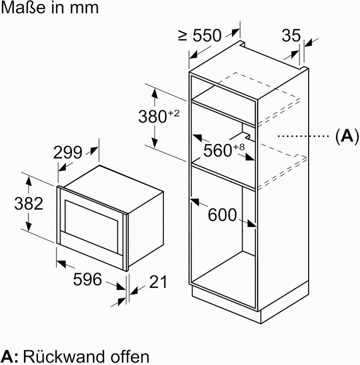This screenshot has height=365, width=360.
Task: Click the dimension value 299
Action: pyautogui.click(x=67, y=152)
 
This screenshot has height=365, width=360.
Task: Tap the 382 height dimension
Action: pyautogui.click(x=28, y=203)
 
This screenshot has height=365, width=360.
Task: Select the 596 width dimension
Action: pyautogui.click(x=87, y=279)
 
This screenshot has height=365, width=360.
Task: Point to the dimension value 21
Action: pyautogui.click(x=158, y=281)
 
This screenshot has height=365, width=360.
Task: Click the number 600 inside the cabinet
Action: pyautogui.click(x=222, y=214)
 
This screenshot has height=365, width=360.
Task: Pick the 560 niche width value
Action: pyautogui.click(x=217, y=150)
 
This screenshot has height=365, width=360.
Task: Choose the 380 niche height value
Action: pyautogui.click(x=152, y=116)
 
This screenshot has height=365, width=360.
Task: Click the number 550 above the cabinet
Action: pyautogui.click(x=207, y=35)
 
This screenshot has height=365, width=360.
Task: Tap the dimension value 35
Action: pyautogui.click(x=291, y=35)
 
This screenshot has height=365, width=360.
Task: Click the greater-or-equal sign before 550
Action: pyautogui.click(x=183, y=36)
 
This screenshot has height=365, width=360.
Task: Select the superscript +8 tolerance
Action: pyautogui.click(x=238, y=147)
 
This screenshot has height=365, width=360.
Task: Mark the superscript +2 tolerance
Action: pyautogui.click(x=173, y=113)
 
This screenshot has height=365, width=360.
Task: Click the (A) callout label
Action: pyautogui.click(x=347, y=135)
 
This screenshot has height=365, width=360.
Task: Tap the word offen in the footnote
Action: pyautogui.click(x=130, y=356)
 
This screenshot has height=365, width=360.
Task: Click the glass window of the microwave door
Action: pyautogui.click(x=91, y=226)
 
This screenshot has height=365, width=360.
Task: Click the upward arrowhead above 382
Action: pyautogui.click(x=28, y=180)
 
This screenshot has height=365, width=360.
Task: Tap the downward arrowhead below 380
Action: pyautogui.click(x=155, y=142)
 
